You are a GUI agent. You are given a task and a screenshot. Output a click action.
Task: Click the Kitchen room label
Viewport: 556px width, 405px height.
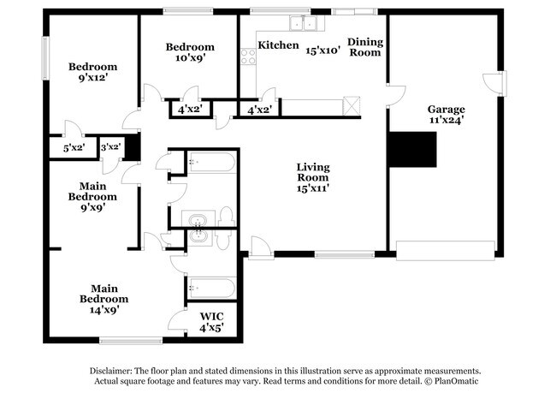click(x=279, y=45)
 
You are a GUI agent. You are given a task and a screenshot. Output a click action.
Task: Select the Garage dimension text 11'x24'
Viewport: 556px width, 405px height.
click(x=447, y=121)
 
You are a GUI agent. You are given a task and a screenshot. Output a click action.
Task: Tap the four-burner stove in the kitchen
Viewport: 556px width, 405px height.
click(x=248, y=57)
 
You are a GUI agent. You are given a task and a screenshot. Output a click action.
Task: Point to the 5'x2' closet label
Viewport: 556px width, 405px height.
click(x=74, y=149)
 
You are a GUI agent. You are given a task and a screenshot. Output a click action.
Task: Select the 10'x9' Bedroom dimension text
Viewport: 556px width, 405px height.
click(x=190, y=58)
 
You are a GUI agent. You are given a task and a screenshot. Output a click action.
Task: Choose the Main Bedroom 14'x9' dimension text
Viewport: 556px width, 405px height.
click(x=104, y=310)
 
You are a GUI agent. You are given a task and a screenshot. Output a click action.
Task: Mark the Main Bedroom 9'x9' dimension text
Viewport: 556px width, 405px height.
click(x=98, y=207)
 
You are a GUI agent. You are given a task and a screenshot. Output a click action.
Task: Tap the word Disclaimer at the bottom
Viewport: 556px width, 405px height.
click(x=113, y=371)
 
